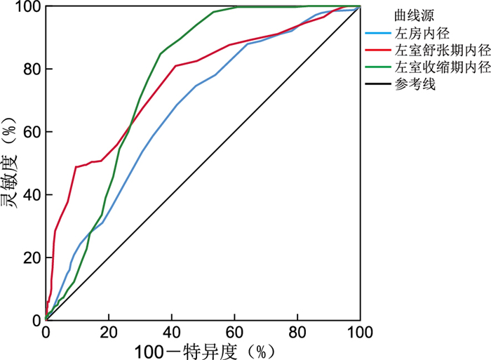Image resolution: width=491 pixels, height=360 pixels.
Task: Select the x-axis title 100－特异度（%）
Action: coord(203,349)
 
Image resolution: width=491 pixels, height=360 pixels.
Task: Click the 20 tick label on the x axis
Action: coord(108,332)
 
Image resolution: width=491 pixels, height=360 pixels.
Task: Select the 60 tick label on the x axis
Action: coord(234,332)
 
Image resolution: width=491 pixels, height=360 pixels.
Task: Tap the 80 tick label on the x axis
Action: coord(297,332)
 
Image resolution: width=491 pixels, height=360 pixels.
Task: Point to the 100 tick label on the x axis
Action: coord(359,332)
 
